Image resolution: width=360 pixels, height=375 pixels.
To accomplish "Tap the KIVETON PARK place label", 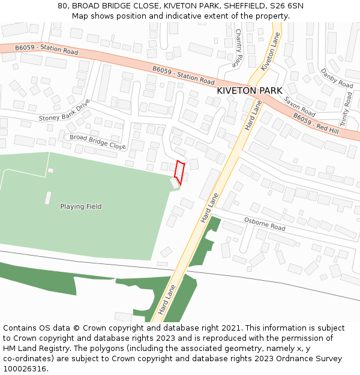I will [x=249, y=91].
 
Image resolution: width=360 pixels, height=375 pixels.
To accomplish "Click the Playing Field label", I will [x=81, y=206].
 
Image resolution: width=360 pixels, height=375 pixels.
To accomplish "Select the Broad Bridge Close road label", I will [x=98, y=142].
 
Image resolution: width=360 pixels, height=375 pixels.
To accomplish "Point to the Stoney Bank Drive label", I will [x=64, y=110].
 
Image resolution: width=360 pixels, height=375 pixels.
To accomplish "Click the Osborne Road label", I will [x=265, y=224].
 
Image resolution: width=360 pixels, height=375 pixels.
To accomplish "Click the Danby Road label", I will [x=337, y=79].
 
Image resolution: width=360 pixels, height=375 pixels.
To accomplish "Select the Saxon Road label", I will [x=299, y=106].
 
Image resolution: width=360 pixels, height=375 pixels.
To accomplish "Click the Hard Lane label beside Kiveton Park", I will [x=253, y=115].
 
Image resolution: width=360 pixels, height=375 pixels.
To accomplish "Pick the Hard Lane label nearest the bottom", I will [x=167, y=301].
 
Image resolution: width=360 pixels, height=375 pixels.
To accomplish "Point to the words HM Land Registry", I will [x=32, y=349].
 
